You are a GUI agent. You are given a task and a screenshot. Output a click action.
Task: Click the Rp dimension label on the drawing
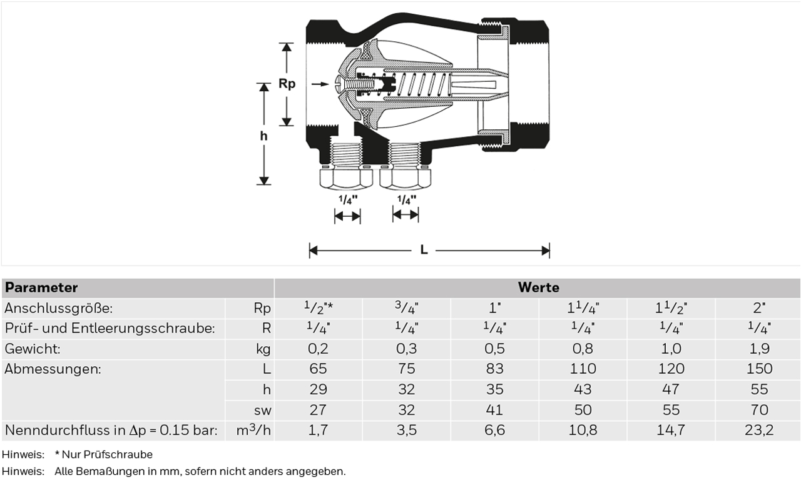click(x=287, y=84)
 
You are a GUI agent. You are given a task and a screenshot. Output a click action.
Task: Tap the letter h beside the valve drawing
click(x=263, y=136)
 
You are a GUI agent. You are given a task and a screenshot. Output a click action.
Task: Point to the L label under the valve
click(x=424, y=250)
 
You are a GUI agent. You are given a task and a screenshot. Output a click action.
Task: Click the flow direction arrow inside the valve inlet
click(x=320, y=84)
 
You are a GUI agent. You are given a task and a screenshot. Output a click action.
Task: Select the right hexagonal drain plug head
click(x=405, y=179)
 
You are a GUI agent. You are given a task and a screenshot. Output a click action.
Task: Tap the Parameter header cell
click(x=41, y=287)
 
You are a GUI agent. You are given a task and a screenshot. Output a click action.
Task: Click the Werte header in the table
click(x=539, y=287)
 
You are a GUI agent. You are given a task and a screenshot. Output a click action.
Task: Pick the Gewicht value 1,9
click(x=759, y=349)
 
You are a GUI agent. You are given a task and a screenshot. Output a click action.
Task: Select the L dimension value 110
click(x=583, y=369)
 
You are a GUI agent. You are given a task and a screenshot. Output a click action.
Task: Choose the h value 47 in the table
click(x=671, y=389)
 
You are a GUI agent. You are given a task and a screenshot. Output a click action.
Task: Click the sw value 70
click(x=759, y=410)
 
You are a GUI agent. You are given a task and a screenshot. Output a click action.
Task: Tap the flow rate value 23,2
click(x=759, y=430)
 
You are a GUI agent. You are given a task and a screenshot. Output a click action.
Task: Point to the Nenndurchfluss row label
click(x=111, y=431)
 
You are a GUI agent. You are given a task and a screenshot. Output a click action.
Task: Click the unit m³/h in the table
click(x=253, y=430)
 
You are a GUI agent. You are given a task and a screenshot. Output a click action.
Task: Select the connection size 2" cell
click(x=759, y=307)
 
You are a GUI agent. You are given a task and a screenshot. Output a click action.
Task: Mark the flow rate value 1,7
click(x=318, y=430)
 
